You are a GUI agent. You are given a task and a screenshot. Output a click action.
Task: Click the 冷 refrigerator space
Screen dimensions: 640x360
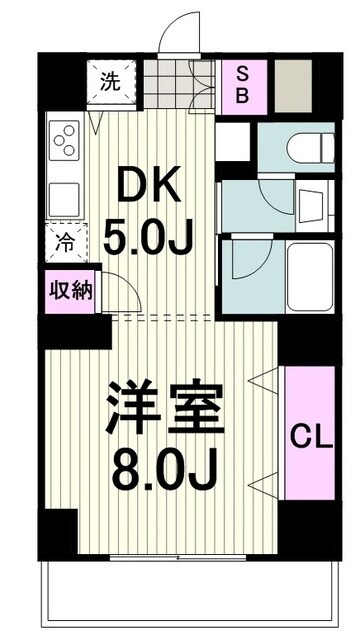(63, 241)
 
